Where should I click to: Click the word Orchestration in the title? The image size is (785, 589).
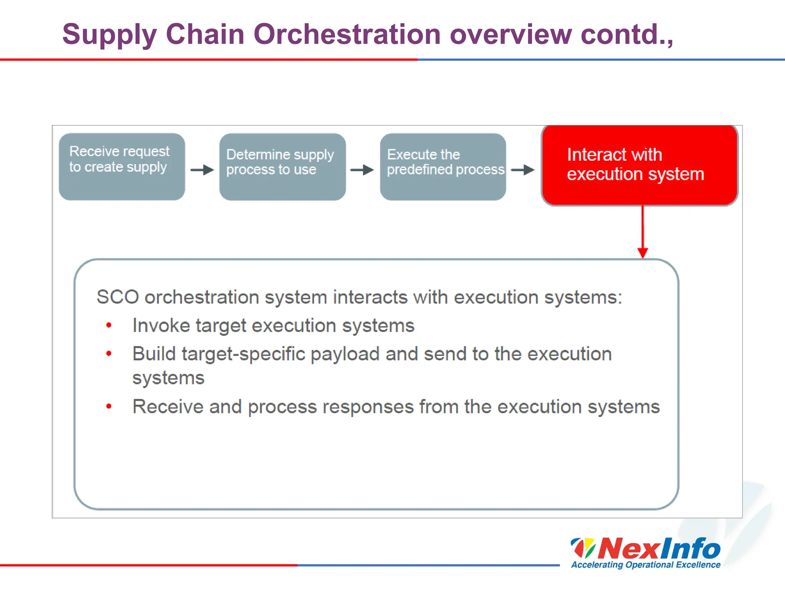click(347, 35)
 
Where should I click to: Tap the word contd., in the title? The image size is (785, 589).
click(627, 35)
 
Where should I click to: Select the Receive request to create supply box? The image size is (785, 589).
click(122, 167)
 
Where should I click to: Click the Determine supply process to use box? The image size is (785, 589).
click(282, 167)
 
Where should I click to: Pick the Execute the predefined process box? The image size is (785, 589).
click(443, 167)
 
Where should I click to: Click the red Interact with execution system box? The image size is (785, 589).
click(639, 165)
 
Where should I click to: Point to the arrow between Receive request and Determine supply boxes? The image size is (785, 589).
click(202, 170)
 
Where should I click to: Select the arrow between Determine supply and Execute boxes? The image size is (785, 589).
click(362, 170)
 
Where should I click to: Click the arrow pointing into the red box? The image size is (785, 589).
click(523, 170)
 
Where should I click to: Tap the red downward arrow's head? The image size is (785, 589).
click(643, 253)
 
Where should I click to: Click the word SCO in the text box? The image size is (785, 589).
click(117, 297)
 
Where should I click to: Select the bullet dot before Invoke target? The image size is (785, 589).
click(109, 326)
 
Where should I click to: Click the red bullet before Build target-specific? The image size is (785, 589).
click(109, 354)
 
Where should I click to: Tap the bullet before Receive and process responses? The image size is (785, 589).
click(109, 406)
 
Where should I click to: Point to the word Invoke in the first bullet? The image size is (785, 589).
click(161, 326)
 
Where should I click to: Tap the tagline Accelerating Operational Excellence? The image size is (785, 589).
click(646, 565)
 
